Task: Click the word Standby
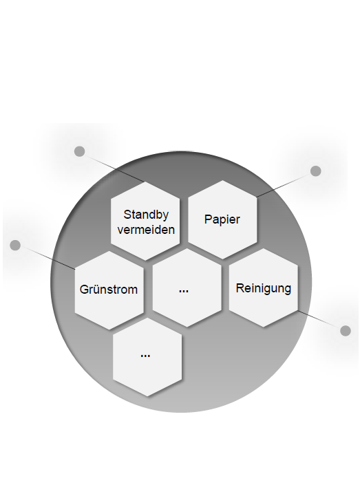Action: pyautogui.click(x=146, y=215)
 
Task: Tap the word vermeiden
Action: pyautogui.click(x=146, y=230)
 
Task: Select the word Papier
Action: pyautogui.click(x=222, y=219)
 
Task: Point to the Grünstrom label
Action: pyautogui.click(x=109, y=290)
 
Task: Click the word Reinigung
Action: pyautogui.click(x=264, y=288)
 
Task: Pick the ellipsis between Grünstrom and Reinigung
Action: pyautogui.click(x=184, y=290)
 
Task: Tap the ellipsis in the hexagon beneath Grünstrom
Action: pyautogui.click(x=145, y=356)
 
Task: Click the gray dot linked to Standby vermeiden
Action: pyautogui.click(x=79, y=151)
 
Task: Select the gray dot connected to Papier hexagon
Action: pyautogui.click(x=315, y=171)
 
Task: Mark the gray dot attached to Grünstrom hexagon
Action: pyautogui.click(x=15, y=245)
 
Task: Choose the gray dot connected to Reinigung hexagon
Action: pyautogui.click(x=346, y=331)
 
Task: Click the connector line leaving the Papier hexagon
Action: pyautogui.click(x=284, y=185)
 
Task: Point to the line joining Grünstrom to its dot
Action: pyautogui.click(x=47, y=258)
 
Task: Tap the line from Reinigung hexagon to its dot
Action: pyautogui.click(x=319, y=320)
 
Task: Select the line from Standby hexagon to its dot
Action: pyautogui.click(x=114, y=168)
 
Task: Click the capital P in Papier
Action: pyautogui.click(x=208, y=219)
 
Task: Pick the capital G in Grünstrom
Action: pyautogui.click(x=84, y=290)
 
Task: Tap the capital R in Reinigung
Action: pyautogui.click(x=240, y=288)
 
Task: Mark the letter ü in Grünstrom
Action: pyautogui.click(x=95, y=290)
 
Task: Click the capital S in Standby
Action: pyautogui.click(x=127, y=215)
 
